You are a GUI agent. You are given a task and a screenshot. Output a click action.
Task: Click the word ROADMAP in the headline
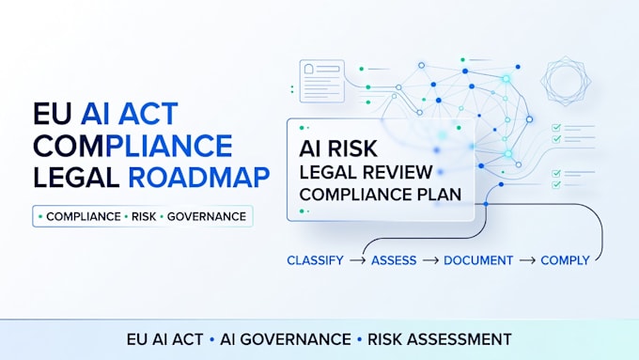pyautogui.click(x=199, y=178)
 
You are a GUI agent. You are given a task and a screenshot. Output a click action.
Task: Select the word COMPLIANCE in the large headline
pyautogui.click(x=132, y=146)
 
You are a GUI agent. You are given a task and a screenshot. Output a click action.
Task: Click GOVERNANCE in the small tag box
pyautogui.click(x=207, y=216)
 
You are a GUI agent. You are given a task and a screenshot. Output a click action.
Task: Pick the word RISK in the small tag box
pyautogui.click(x=144, y=216)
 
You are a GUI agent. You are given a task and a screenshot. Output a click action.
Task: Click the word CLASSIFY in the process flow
pyautogui.click(x=315, y=260)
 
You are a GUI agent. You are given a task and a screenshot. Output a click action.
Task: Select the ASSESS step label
pyautogui.click(x=394, y=260)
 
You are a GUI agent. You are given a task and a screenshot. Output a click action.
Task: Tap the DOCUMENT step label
pyautogui.click(x=478, y=260)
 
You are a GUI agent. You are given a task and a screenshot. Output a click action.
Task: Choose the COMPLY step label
pyautogui.click(x=566, y=260)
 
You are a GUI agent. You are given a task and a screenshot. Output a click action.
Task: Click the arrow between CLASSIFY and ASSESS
pyautogui.click(x=357, y=260)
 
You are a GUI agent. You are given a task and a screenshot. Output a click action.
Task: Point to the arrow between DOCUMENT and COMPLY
pyautogui.click(x=527, y=260)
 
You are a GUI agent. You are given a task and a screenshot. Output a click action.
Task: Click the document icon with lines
pyautogui.click(x=322, y=81)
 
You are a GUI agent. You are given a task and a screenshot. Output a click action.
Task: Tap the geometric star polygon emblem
pyautogui.click(x=566, y=81)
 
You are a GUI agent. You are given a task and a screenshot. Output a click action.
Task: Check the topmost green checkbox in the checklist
pyautogui.click(x=556, y=128)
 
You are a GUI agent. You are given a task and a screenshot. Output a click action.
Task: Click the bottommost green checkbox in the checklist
pyautogui.click(x=556, y=184)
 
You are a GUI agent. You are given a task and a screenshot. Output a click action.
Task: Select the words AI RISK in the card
pyautogui.click(x=338, y=149)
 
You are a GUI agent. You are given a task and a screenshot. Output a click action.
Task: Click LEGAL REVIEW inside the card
pyautogui.click(x=366, y=172)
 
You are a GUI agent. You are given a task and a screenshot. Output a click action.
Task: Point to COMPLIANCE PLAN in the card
pyautogui.click(x=381, y=195)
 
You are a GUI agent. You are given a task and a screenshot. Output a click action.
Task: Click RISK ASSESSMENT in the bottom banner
pyautogui.click(x=440, y=339)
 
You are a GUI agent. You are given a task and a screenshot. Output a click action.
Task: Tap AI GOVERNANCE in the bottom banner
pyautogui.click(x=286, y=339)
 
